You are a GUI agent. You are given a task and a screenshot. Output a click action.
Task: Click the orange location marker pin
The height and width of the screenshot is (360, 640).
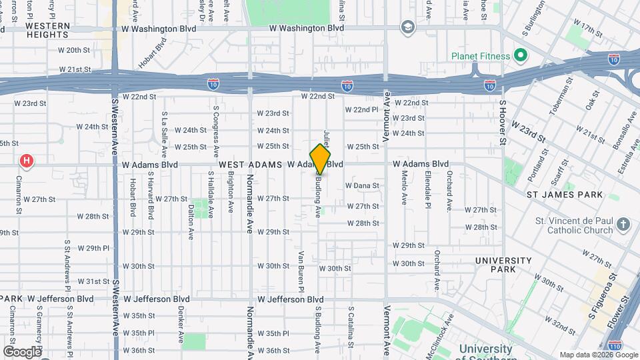320,159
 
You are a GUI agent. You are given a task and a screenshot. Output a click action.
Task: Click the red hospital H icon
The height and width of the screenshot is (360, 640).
27,161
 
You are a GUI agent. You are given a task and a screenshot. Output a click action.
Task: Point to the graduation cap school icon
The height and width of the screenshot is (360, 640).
407,27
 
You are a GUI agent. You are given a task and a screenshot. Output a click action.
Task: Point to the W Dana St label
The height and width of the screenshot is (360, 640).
362,185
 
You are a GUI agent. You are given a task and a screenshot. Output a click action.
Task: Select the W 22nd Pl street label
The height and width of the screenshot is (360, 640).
361,109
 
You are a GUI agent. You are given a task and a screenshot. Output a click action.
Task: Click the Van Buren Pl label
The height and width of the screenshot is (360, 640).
301,271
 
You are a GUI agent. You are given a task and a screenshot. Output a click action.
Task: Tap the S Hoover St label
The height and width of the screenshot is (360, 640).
503,123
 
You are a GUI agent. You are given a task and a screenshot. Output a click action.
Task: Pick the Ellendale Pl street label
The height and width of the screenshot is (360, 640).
427,188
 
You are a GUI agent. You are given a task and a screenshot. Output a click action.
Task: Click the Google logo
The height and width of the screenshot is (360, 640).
22,351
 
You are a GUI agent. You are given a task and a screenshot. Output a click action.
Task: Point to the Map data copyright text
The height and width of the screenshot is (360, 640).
598,355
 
